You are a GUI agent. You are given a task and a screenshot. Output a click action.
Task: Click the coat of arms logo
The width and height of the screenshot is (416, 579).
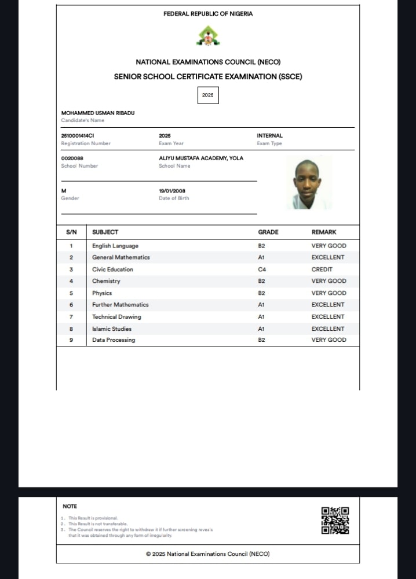[x=208, y=37]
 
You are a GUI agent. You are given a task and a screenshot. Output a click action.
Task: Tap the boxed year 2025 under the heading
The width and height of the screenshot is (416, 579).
[x=208, y=94]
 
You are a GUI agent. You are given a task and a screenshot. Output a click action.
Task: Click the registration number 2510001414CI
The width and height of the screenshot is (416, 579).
[x=78, y=135]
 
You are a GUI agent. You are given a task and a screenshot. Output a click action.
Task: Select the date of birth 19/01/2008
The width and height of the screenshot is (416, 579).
[x=172, y=190]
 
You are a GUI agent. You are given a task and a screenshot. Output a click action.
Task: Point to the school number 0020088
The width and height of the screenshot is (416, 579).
[x=72, y=158]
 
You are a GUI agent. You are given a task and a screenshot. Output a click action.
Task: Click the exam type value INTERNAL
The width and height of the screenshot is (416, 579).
[x=270, y=135]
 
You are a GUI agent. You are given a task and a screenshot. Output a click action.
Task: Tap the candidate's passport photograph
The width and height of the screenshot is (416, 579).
[x=309, y=183]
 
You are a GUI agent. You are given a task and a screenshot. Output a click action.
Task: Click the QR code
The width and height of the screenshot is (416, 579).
[x=335, y=520]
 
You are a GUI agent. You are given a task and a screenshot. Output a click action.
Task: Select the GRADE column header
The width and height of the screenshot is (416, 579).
[x=268, y=232]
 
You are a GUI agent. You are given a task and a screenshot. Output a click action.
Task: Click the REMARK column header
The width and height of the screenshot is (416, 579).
[x=324, y=232]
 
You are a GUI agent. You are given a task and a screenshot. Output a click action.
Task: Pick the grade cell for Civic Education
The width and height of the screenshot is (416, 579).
[x=261, y=270]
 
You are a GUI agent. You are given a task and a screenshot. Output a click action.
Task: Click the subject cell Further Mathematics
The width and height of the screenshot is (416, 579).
[x=121, y=305]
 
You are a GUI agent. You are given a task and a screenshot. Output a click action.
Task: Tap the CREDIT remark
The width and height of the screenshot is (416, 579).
[x=322, y=270]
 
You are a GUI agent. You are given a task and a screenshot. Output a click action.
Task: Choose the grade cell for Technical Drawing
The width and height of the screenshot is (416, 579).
[x=261, y=317]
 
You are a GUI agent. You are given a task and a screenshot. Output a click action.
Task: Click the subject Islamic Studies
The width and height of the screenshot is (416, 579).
[x=112, y=329]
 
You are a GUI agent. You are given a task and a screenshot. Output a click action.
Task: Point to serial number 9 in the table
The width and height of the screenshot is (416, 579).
[x=71, y=340]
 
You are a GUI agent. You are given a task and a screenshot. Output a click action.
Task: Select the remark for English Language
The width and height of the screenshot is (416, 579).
[x=329, y=246]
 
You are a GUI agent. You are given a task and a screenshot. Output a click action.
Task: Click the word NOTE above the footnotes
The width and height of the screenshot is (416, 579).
[x=70, y=506]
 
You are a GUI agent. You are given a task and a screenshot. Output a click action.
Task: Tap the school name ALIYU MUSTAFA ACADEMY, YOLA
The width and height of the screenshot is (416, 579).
[x=201, y=158]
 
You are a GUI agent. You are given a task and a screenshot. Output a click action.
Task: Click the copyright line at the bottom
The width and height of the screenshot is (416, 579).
[x=207, y=554]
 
